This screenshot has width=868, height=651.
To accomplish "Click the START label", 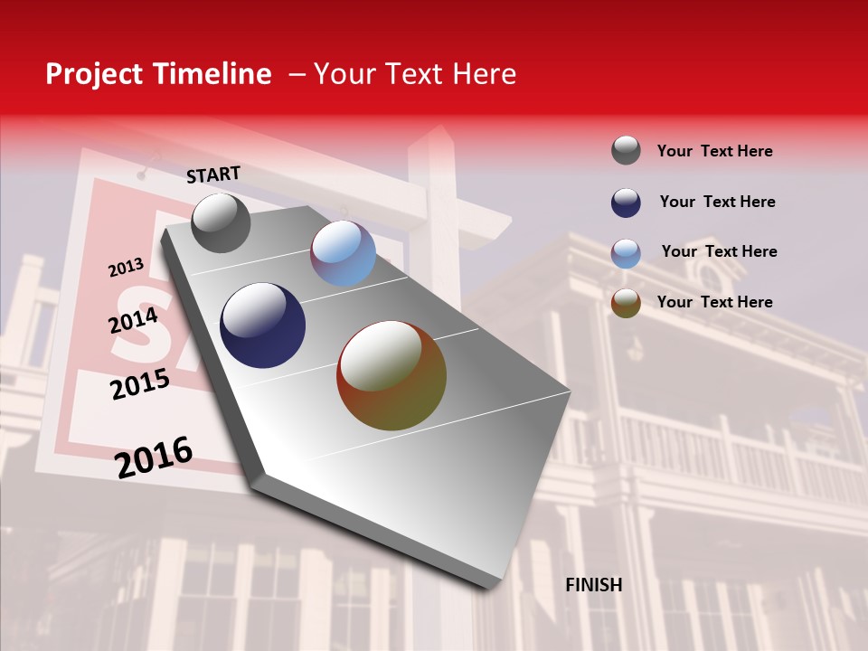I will click(213, 175).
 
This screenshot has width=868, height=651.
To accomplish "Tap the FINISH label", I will click(594, 585).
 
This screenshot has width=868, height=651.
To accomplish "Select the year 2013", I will click(126, 267).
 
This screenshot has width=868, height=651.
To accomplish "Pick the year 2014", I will click(134, 321).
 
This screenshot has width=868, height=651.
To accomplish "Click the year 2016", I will click(154, 458).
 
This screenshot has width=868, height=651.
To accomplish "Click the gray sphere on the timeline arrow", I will click(221, 222).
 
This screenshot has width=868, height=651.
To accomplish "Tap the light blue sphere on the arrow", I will click(344, 253).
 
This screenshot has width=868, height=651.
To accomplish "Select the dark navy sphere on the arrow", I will click(263, 325).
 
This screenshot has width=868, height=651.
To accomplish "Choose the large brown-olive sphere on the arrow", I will click(392, 375).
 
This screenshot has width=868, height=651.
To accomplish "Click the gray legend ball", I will click(626, 150).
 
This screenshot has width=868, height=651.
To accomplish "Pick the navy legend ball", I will click(626, 202).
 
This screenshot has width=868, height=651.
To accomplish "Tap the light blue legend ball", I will click(626, 252).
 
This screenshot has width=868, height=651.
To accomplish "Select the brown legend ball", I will click(626, 303).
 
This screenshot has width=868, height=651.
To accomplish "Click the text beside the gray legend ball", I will click(714, 151).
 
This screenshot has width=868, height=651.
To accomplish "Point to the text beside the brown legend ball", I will click(714, 302).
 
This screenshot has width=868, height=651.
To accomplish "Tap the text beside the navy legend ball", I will click(717, 202).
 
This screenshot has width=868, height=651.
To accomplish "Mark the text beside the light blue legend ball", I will click(719, 251).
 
